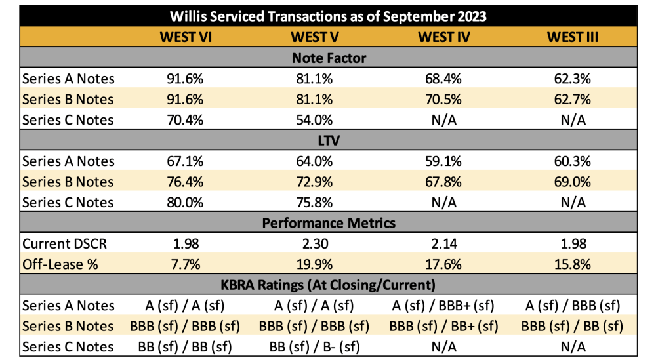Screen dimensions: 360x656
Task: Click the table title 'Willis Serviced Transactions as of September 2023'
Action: coord(328,16)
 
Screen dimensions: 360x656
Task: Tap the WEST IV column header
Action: coord(444,37)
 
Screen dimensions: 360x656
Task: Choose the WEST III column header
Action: coord(572,37)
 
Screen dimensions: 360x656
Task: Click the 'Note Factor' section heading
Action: coord(328,58)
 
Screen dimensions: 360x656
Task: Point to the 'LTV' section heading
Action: coord(328,140)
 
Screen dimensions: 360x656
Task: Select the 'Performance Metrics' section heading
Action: coord(328,222)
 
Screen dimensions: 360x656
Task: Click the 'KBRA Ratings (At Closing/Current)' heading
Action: coord(328,285)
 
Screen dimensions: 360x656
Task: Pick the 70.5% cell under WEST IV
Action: coord(444,99)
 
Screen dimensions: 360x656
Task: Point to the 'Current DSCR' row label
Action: coord(64,243)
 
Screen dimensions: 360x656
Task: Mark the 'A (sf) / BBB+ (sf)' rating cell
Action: coord(444,305)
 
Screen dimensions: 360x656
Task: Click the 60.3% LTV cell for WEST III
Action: coord(572,161)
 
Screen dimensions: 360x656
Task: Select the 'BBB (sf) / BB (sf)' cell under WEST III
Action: coord(572,326)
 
